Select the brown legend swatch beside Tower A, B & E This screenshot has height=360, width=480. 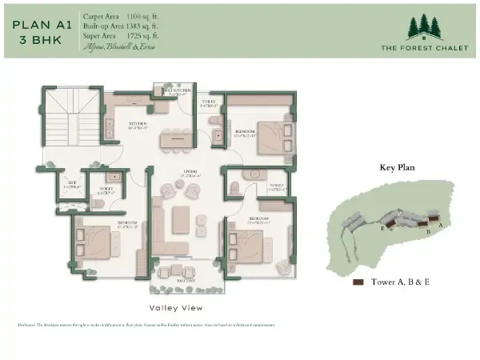tap(358, 282)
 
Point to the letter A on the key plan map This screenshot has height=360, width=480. tap(440, 226)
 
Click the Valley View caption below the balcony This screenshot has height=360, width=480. tap(176, 308)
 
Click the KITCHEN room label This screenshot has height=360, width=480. tap(137, 124)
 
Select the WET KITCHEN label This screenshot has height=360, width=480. tap(176, 91)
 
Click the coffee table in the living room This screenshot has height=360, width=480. tap(182, 218)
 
